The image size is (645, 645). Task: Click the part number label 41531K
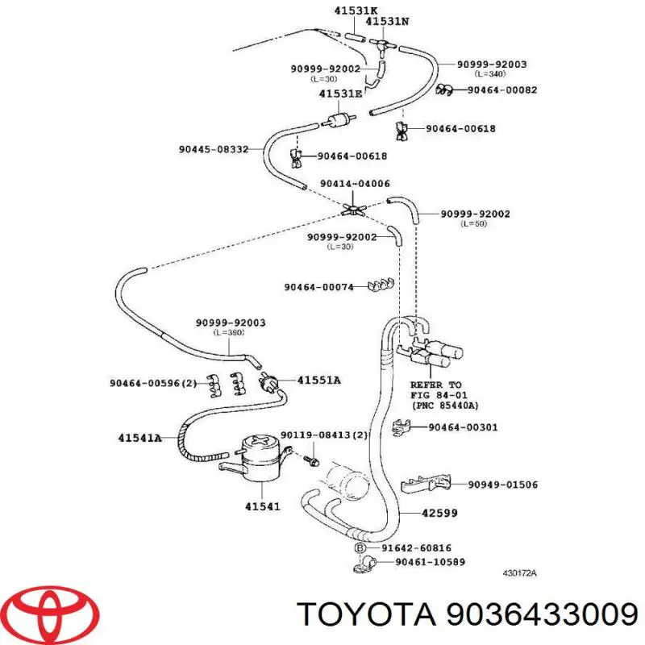click(x=356, y=10)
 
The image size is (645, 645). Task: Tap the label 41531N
click(x=387, y=21)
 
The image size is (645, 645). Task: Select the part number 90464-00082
click(x=501, y=89)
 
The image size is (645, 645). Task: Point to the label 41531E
click(x=340, y=94)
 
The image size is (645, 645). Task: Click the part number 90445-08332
click(x=214, y=149)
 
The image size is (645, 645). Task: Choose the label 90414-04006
click(x=355, y=184)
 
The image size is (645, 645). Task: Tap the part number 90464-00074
click(x=318, y=287)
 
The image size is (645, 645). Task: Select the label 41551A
click(x=318, y=380)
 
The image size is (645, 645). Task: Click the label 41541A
click(x=139, y=438)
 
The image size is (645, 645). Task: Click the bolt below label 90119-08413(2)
click(x=313, y=460)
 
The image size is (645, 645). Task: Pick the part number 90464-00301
click(x=463, y=427)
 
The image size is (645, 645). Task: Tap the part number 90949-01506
click(x=502, y=485)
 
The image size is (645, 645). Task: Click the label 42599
click(x=439, y=513)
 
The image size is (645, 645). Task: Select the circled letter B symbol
click(x=360, y=548)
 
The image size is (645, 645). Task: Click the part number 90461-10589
click(x=430, y=561)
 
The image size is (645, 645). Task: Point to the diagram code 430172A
click(x=519, y=573)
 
